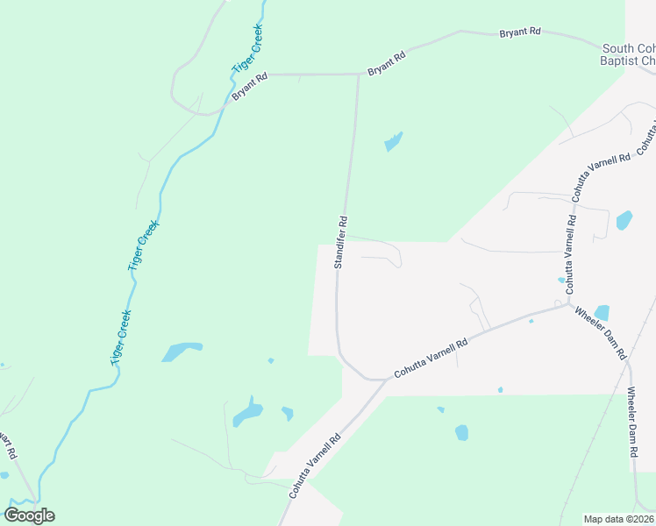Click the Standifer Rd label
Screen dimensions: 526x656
[x=342, y=242]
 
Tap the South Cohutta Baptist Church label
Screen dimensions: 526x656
[x=629, y=54]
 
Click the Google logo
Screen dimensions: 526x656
[x=29, y=515]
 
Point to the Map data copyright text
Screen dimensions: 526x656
[x=617, y=519]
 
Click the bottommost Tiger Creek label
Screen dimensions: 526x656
[x=121, y=338]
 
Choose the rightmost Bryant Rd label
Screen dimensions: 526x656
[x=520, y=32]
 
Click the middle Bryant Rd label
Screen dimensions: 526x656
[x=387, y=63]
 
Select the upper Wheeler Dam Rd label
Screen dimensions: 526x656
[x=599, y=332]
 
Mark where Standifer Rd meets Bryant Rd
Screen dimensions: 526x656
[x=359, y=75]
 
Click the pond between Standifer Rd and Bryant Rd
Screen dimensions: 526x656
[x=394, y=140]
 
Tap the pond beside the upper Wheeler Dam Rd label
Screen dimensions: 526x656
[x=602, y=312]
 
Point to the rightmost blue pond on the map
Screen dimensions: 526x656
[x=624, y=220]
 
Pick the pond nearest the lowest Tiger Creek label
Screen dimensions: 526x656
[x=182, y=352]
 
